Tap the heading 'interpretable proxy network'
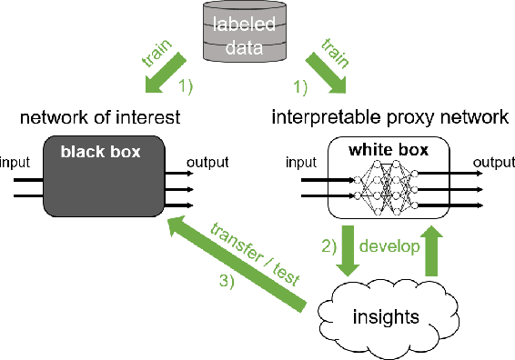(389, 117)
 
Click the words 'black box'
(101, 152)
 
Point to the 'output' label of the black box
(208, 164)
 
